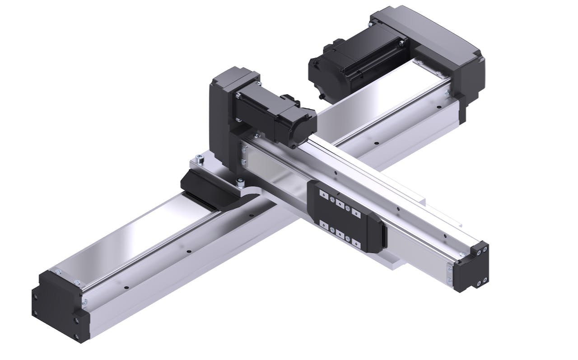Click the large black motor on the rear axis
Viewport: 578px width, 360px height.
357,63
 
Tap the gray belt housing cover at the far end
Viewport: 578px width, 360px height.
429,36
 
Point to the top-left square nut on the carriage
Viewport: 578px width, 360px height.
322,193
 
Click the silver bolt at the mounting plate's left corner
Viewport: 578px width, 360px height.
199,159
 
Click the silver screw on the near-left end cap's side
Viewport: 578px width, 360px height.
84,301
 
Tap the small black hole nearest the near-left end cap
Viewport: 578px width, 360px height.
127,287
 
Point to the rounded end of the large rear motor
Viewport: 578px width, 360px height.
321,75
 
